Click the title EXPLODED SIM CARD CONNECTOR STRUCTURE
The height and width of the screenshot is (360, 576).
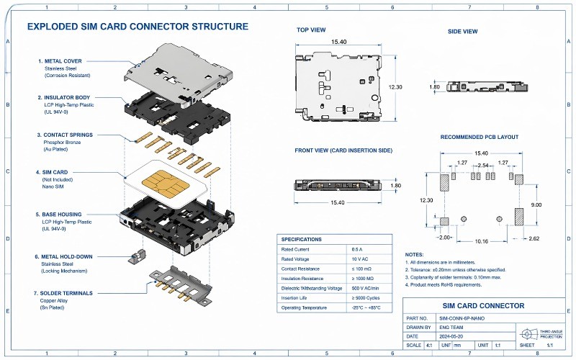138,27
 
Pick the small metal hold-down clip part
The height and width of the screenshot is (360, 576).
134,253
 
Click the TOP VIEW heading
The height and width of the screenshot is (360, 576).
311,30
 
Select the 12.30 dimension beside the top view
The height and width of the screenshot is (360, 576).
395,86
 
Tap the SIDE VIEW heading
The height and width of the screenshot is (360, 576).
462,32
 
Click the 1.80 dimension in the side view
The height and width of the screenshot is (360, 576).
434,87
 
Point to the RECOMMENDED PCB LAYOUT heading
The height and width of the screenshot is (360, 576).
479,137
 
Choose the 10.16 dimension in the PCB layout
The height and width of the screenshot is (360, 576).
482,242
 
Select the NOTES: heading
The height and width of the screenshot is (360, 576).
414,255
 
